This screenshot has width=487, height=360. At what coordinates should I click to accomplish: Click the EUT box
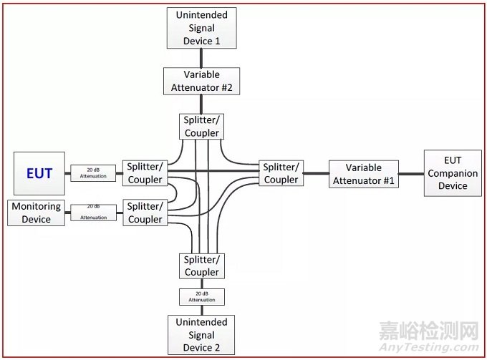(x=39, y=173)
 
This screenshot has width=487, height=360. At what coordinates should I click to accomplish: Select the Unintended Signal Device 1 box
(x=201, y=28)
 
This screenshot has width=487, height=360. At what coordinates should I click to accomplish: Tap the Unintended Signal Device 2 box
(x=201, y=335)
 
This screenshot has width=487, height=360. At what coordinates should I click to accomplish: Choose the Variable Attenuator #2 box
(x=201, y=82)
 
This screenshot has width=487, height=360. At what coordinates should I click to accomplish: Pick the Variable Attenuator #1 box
(x=363, y=174)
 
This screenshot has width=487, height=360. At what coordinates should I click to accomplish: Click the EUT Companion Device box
(x=452, y=173)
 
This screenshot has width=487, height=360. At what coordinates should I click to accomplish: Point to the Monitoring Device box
(x=37, y=213)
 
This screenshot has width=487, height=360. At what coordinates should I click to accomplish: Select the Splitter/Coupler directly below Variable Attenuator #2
(x=201, y=127)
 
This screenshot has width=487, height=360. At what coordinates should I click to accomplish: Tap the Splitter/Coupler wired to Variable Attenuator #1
(x=281, y=173)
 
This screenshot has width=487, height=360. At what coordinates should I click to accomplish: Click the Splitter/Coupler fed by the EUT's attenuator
(x=145, y=173)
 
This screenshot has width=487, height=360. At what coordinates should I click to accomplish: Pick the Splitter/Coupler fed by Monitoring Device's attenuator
(x=145, y=213)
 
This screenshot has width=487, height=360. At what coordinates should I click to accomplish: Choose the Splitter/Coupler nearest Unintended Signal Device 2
(x=201, y=266)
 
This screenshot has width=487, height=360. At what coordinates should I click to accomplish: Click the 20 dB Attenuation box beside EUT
(x=93, y=173)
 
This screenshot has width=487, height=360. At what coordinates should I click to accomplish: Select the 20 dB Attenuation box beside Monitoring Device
(x=93, y=213)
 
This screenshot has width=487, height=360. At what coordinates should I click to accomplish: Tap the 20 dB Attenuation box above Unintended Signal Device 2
(x=201, y=297)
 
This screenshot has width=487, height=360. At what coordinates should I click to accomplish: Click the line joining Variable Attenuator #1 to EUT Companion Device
(x=411, y=174)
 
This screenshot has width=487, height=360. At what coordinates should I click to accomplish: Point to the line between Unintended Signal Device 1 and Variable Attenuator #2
(x=201, y=58)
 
